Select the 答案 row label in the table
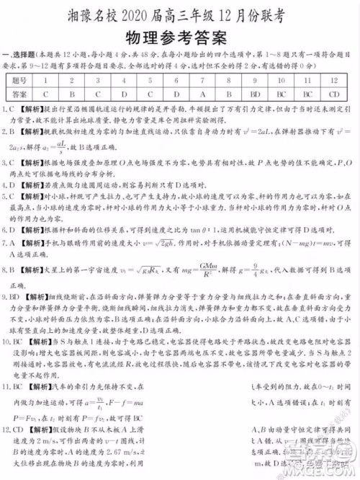[x=21, y=94]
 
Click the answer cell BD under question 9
[x=255, y=94]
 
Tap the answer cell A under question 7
[x=202, y=94]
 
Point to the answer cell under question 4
[x=124, y=94]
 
